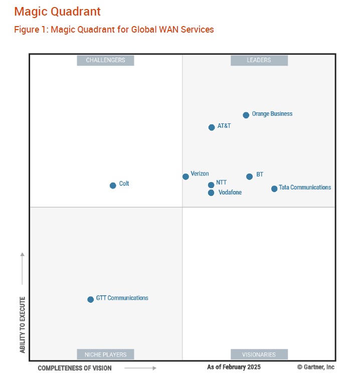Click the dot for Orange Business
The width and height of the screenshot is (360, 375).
click(x=246, y=115)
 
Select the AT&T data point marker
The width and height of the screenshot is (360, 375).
click(x=212, y=127)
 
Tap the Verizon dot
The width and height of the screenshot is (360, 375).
click(x=186, y=176)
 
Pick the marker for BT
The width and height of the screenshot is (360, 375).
click(x=249, y=176)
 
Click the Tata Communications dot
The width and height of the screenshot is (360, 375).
click(x=274, y=189)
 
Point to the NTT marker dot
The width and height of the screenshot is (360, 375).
click(x=211, y=185)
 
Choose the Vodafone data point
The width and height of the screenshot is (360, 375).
click(x=211, y=193)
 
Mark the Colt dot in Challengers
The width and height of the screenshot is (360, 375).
click(x=113, y=185)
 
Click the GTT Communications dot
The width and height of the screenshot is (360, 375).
click(x=90, y=300)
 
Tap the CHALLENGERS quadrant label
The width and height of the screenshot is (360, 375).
click(x=105, y=60)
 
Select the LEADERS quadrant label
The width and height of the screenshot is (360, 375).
click(x=259, y=60)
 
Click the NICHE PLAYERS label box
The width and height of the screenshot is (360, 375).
click(x=105, y=354)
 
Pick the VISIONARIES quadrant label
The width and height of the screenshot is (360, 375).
click(x=259, y=354)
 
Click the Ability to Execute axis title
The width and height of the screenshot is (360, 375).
click(x=23, y=325)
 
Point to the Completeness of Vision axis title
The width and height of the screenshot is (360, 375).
click(x=75, y=368)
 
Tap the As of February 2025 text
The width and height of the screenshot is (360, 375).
click(x=234, y=367)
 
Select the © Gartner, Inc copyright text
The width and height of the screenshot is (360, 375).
click(x=316, y=367)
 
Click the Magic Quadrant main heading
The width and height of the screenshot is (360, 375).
click(x=57, y=12)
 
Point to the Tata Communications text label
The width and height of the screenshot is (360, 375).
click(x=305, y=187)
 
